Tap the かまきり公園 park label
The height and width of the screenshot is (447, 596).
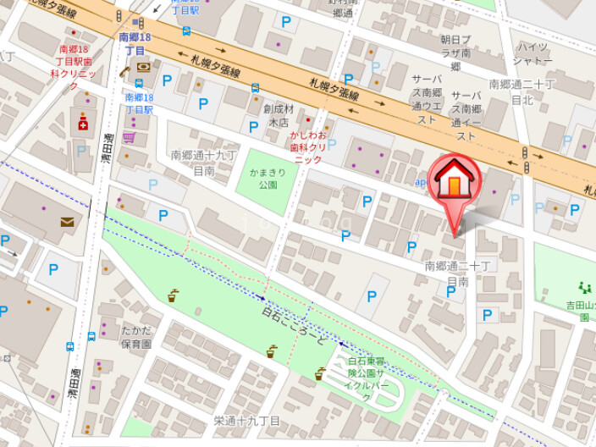pos(263,178)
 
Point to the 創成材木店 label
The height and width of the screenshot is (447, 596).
pos(278,115)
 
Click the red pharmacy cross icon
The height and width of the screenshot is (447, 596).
pos(83,124)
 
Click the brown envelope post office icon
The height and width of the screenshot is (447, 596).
pos(67,222)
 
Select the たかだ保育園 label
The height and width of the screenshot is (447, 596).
pos(135,337)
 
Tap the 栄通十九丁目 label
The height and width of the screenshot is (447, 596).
pos(246,421)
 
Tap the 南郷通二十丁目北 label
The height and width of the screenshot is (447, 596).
pos(521,91)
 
